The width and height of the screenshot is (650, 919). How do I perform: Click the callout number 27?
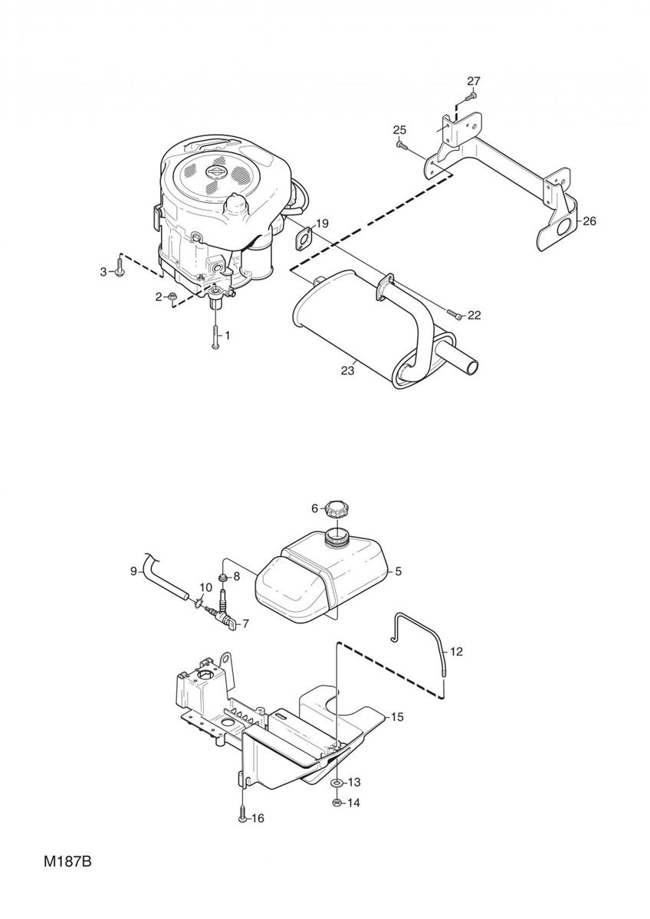[x=473, y=81]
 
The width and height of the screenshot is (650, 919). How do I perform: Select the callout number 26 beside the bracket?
[x=589, y=221]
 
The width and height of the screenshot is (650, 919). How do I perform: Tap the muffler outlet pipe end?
[x=474, y=365]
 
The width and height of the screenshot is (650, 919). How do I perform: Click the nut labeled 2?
[x=172, y=295]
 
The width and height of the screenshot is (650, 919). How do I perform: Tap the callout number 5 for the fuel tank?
[x=398, y=571]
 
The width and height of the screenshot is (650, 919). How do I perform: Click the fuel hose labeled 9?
[x=163, y=577]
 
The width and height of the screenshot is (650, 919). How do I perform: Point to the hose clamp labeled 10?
[x=197, y=603]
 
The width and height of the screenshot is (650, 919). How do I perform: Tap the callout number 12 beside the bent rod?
[x=457, y=652]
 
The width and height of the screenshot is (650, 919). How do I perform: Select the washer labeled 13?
[x=336, y=783]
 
